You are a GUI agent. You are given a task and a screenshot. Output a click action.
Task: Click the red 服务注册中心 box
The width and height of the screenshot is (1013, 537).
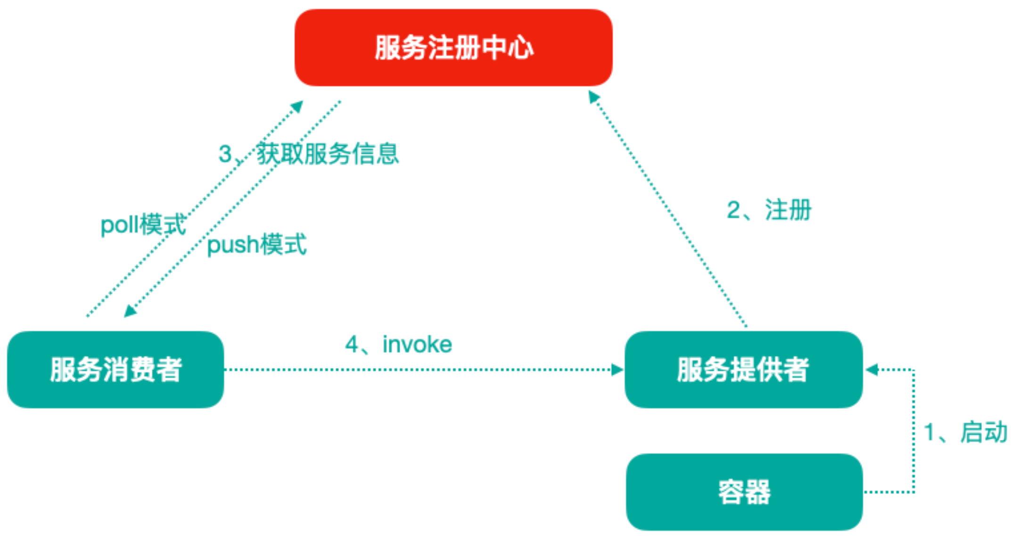[x=453, y=48]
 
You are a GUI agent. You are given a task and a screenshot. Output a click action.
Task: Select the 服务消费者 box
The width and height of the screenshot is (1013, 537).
[x=115, y=369]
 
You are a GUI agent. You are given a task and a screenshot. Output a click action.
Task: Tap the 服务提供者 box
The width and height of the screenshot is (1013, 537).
[x=743, y=369]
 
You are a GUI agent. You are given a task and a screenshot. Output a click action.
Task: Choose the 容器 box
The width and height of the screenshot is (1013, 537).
[x=744, y=492]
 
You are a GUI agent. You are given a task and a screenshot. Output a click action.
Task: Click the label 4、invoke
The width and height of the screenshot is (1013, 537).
[x=398, y=344]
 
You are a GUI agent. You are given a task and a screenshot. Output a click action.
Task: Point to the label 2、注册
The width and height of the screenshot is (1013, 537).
[x=769, y=210]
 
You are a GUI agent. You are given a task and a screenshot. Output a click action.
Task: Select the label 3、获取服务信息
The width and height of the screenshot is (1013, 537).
[x=309, y=154]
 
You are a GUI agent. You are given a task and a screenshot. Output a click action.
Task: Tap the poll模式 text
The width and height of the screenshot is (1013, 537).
[x=143, y=224]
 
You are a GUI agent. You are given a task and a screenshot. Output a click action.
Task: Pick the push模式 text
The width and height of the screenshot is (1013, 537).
[x=257, y=244]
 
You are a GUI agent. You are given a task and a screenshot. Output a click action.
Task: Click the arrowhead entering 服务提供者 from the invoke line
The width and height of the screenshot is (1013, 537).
[x=618, y=370]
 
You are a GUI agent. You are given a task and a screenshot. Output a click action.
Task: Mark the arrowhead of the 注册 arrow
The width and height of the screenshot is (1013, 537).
[x=593, y=97]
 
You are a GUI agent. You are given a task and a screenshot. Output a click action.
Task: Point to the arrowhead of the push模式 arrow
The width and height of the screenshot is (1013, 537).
[x=130, y=311]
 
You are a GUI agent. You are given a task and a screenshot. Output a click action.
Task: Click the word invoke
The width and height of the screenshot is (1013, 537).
[x=417, y=344]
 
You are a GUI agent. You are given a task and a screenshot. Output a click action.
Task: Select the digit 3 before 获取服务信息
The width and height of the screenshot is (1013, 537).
[x=225, y=154]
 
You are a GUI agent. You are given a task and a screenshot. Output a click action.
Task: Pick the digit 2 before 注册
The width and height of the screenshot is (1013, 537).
[x=733, y=210]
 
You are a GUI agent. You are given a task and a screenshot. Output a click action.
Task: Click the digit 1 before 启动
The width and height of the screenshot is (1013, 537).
[x=929, y=432]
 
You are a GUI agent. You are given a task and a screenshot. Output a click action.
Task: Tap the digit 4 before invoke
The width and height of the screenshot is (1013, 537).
[x=352, y=344]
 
